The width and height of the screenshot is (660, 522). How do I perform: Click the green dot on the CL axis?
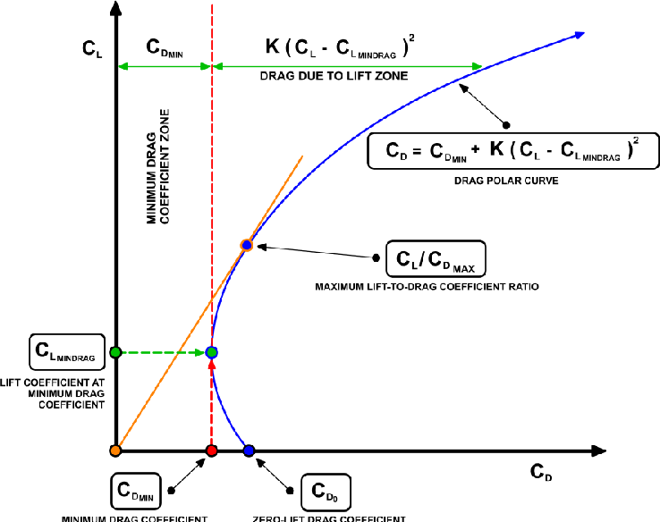(x=115, y=352)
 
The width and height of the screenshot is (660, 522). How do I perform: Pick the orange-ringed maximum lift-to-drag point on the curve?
(x=247, y=245)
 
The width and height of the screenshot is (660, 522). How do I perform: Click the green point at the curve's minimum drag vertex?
(x=212, y=352)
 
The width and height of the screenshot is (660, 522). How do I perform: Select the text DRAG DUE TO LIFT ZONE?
(x=334, y=76)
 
